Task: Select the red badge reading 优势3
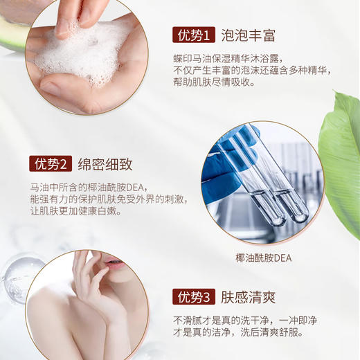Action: [193, 297]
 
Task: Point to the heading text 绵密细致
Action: [105, 164]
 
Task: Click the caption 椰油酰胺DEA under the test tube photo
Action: [264, 258]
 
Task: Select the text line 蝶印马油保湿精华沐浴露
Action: [228, 60]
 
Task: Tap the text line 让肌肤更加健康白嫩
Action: [75, 211]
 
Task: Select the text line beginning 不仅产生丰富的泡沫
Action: [252, 71]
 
